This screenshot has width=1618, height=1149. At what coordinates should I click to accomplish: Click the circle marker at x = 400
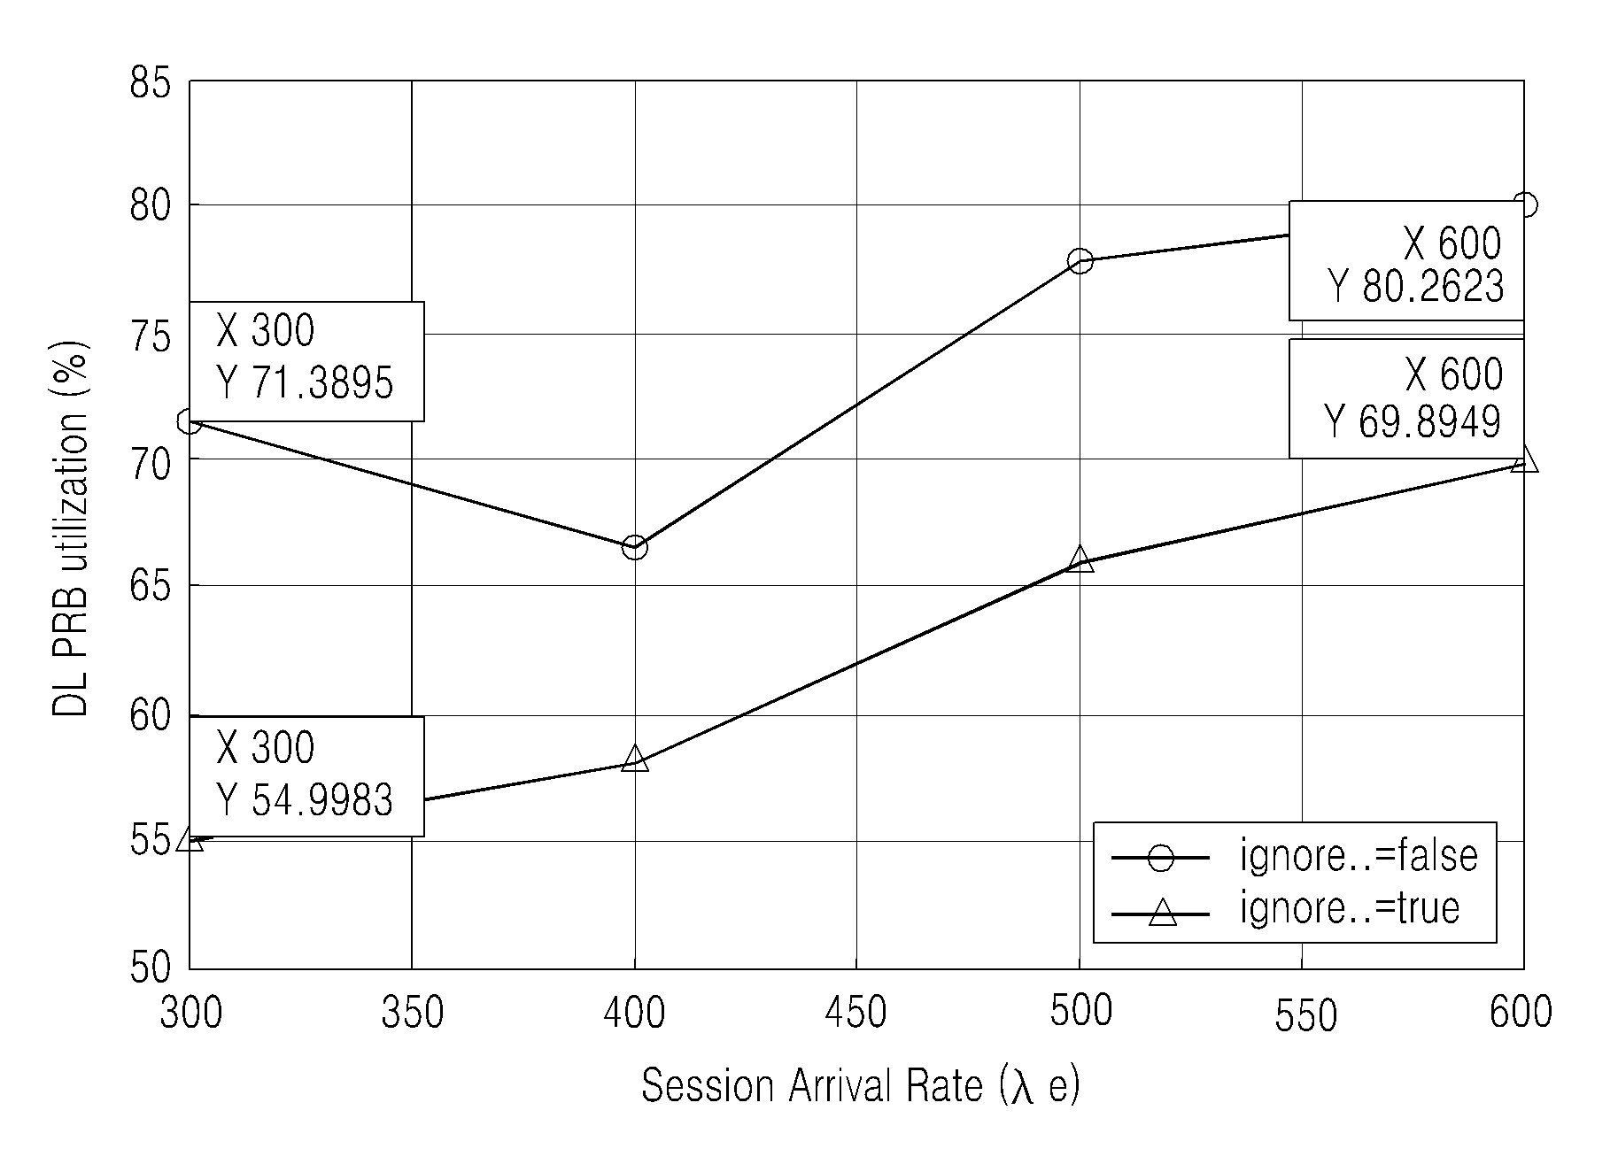click(634, 548)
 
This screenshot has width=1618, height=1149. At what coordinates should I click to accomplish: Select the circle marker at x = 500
click(1080, 261)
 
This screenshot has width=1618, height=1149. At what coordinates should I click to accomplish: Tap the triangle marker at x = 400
click(634, 759)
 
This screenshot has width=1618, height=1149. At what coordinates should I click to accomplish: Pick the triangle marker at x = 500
click(1080, 559)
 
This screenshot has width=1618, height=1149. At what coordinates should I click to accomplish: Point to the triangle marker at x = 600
click(1524, 459)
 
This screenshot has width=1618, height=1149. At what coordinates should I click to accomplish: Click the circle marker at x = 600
click(1525, 205)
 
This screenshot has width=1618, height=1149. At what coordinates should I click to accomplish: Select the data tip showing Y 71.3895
click(306, 361)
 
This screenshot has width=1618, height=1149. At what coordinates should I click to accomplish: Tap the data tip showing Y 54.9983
click(306, 776)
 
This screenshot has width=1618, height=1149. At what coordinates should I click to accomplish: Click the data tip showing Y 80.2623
click(1406, 261)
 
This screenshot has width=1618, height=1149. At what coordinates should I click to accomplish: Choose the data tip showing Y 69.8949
click(1406, 398)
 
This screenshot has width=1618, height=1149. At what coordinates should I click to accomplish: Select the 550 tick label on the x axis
click(1305, 1016)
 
